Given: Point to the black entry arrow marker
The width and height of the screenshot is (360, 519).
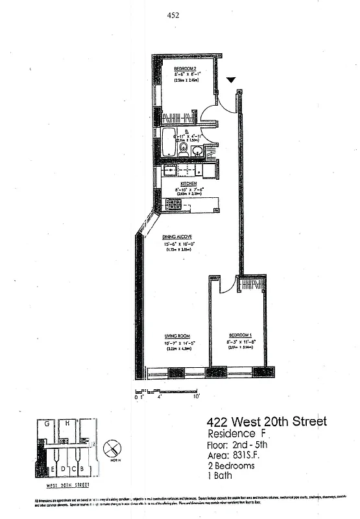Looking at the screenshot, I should pos(232,80).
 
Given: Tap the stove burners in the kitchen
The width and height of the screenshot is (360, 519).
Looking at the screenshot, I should pos(174,204).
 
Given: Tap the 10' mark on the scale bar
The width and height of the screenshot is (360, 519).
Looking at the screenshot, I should pos(196,395).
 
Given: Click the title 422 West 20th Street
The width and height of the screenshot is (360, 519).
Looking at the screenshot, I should pos(266,422).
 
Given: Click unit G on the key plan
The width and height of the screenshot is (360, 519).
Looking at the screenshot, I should pos(48,424).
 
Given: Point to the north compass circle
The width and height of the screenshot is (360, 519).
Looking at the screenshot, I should pos(113,448).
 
